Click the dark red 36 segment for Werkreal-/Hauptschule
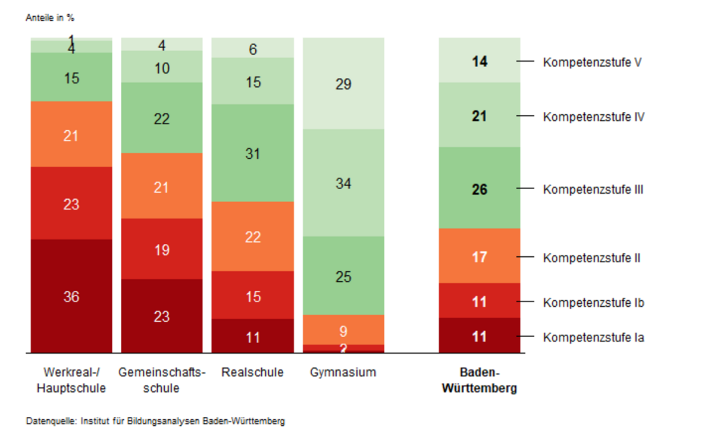71,296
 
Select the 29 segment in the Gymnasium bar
343,84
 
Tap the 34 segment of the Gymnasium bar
343,183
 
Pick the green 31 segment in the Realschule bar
253,153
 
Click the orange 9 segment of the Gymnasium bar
343,330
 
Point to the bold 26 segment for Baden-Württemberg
480,189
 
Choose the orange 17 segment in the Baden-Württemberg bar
480,257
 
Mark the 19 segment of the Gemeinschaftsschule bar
162,250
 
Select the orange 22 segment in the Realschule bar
253,237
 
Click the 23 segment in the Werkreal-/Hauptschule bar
71,204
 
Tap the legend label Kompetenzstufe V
591,62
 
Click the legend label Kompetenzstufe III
593,190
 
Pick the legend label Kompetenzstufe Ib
593,303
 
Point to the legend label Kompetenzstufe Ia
593,338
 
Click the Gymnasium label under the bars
343,373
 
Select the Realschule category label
253,373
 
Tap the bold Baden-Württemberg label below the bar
480,381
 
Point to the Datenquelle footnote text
155,421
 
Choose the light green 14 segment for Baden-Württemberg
480,61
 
